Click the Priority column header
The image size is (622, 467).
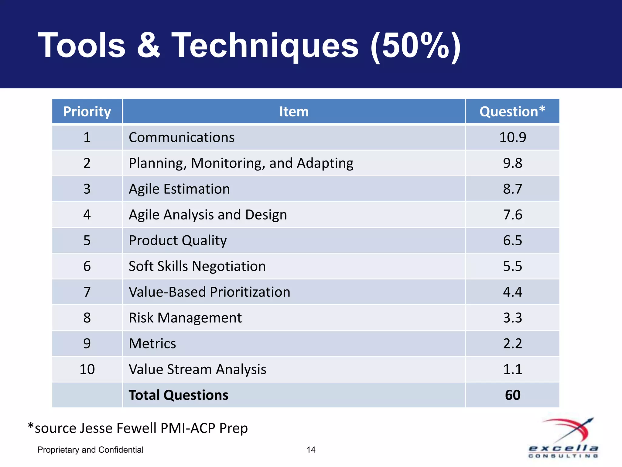[x=87, y=112]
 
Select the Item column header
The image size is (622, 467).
[x=294, y=112]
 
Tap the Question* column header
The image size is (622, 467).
[x=512, y=112]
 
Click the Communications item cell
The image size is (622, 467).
[x=182, y=137]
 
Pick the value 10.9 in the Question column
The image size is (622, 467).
[x=512, y=137]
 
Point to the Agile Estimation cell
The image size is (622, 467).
[x=179, y=189]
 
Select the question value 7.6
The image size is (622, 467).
[x=512, y=215]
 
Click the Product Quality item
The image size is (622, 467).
[x=178, y=240]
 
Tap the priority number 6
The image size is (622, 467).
[x=87, y=266]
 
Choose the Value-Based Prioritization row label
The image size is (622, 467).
[x=209, y=292]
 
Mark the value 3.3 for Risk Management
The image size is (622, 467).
[x=512, y=318]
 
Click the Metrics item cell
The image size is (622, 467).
[x=152, y=344]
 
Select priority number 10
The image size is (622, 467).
[x=87, y=369]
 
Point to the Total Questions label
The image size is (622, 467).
[x=178, y=395]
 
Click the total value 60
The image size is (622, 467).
[x=512, y=395]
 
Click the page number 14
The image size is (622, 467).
[x=311, y=450]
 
